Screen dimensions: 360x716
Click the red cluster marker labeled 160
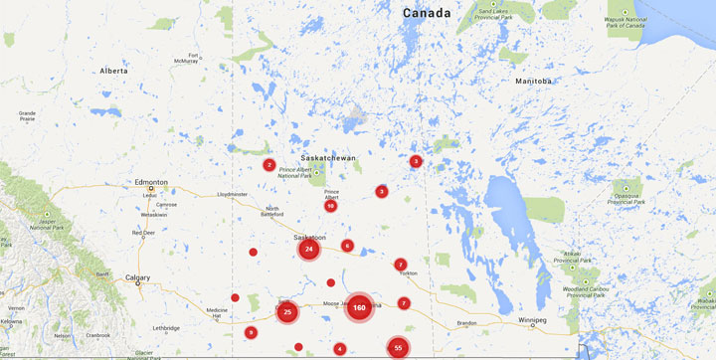click(360, 308)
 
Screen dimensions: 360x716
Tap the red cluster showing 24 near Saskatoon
click(309, 250)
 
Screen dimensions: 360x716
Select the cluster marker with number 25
click(287, 312)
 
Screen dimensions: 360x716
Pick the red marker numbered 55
click(398, 347)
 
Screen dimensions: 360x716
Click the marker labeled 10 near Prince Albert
click(330, 206)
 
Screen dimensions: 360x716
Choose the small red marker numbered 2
click(268, 165)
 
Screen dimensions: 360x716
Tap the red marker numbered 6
click(347, 246)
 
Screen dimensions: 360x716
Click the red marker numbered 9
click(251, 332)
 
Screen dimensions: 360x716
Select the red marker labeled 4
click(340, 348)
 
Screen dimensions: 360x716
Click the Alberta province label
click(114, 71)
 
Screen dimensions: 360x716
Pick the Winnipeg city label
click(534, 321)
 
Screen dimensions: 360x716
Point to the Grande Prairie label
click(27, 116)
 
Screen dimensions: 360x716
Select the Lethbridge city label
click(166, 327)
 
